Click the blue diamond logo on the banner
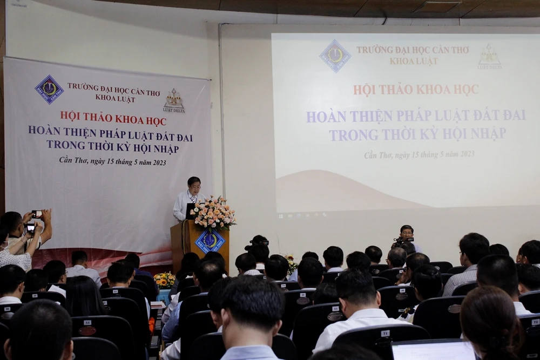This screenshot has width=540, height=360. [x=49, y=89]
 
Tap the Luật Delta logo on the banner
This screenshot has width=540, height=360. [x=174, y=100]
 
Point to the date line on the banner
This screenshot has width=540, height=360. [x=112, y=161]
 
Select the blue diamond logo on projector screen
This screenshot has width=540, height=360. [x=335, y=56]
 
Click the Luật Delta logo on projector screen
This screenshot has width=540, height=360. [x=489, y=57]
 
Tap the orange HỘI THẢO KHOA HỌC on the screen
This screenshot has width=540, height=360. [x=416, y=90]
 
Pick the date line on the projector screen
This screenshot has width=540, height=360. [x=419, y=154]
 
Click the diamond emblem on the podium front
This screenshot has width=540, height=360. [x=210, y=241]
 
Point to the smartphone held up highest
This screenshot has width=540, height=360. [x=36, y=214]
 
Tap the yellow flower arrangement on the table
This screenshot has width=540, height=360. [x=164, y=280]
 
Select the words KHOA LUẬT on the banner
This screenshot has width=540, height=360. [x=115, y=99]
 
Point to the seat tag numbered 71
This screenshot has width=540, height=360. [x=385, y=334]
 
